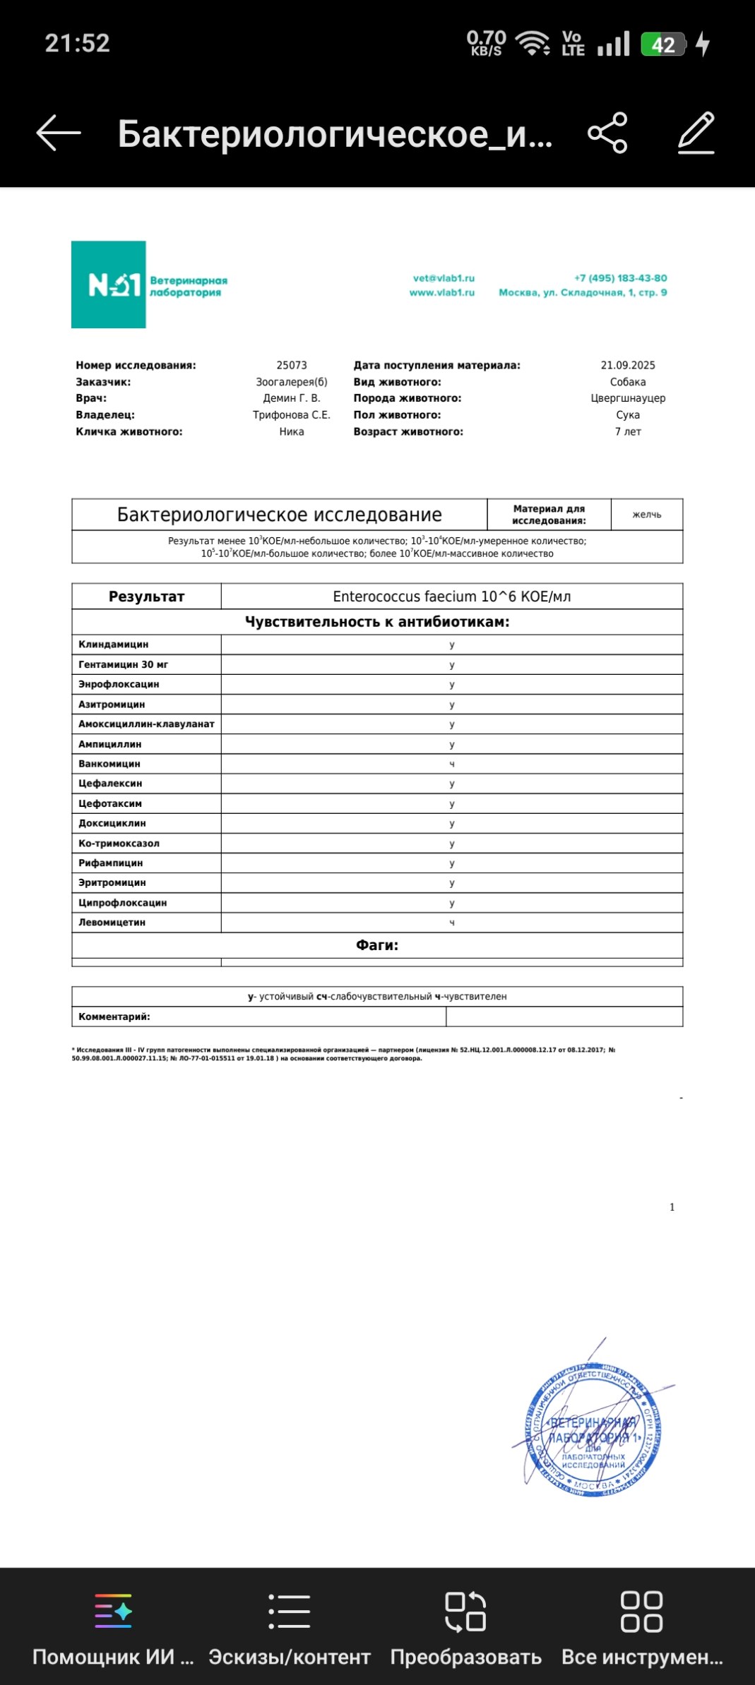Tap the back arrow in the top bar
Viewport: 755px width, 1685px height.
pos(59,133)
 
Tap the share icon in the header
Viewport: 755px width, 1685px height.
pos(607,133)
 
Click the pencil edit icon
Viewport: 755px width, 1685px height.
pos(696,133)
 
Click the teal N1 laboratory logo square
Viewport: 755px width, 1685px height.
pos(109,284)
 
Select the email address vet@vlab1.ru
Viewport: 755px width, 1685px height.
pos(444,278)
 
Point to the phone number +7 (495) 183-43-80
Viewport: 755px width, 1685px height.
pos(620,278)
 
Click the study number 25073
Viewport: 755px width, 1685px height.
pos(292,365)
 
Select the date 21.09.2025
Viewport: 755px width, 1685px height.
pos(628,365)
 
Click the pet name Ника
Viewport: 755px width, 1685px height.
pos(292,431)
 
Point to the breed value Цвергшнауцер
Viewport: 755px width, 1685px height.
pos(628,398)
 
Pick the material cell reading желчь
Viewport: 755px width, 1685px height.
pos(647,515)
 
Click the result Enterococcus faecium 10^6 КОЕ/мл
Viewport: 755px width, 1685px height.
pos(452,596)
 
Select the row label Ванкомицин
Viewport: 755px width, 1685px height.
pos(109,764)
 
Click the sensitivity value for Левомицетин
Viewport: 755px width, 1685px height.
pos(452,923)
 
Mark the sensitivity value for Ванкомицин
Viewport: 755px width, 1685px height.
pos(452,764)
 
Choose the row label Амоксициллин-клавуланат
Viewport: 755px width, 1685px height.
pos(146,724)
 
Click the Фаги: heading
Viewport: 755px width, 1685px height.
pos(377,945)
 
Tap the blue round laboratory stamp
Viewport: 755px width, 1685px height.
pos(593,1430)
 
